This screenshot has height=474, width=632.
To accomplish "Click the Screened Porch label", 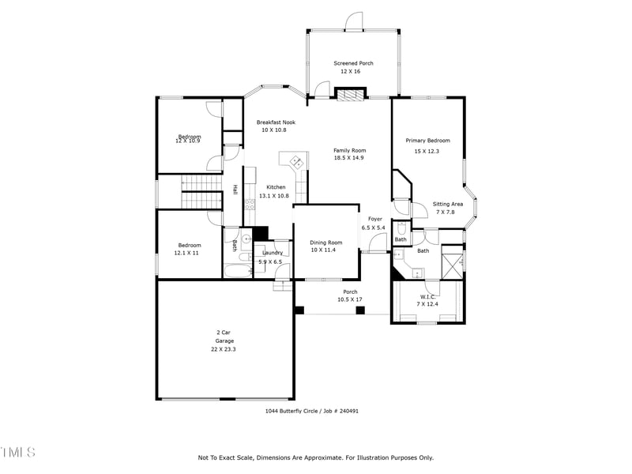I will click(x=353, y=63).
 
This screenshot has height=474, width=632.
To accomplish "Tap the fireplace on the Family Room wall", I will click(x=349, y=95).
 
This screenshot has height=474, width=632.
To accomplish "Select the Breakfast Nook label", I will click(x=276, y=122).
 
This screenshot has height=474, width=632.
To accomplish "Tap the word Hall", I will click(x=235, y=190).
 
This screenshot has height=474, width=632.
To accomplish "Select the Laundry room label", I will click(x=273, y=253).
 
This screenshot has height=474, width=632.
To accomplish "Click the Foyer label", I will click(x=374, y=219).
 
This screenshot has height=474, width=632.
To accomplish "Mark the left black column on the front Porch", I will click(x=299, y=310).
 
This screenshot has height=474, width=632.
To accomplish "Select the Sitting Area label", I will click(x=447, y=204).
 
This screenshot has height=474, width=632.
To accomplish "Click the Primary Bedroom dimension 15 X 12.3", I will click(x=427, y=151).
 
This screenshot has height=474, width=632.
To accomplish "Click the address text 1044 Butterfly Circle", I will click(x=296, y=411).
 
